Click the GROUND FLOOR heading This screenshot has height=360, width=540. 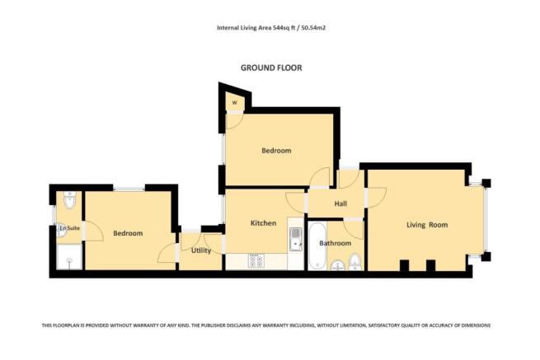click(x=270, y=68)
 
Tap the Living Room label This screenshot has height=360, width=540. click(x=426, y=224)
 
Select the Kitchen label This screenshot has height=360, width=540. click(x=263, y=223)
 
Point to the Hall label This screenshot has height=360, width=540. click(x=340, y=204)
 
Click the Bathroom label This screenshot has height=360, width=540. click(x=336, y=243)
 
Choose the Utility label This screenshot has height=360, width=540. click(x=200, y=250)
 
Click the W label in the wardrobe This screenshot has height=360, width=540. click(x=234, y=103)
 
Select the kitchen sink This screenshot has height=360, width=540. click(x=294, y=238)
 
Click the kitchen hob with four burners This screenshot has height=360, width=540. click(x=256, y=262)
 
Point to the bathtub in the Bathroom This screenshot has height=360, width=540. click(x=317, y=245)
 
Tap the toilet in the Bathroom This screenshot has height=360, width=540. click(x=355, y=263)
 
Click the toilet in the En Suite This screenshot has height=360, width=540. click(x=68, y=199)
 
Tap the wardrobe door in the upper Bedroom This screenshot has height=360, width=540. click(x=235, y=120)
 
